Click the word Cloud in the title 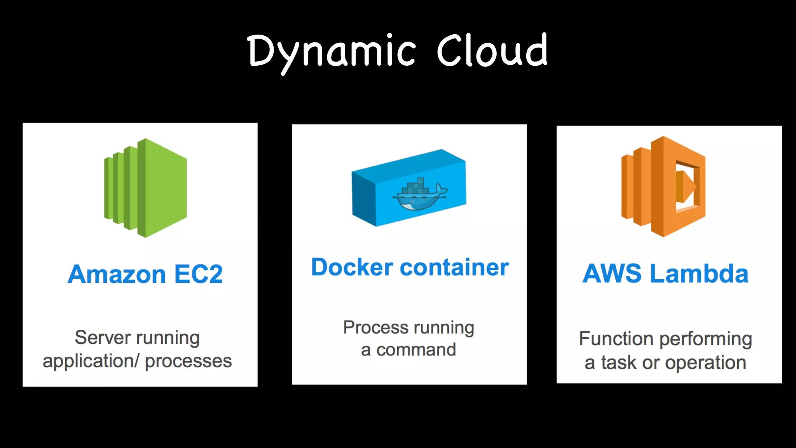click(492, 51)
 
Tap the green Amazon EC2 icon click(146, 188)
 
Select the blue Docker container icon click(409, 188)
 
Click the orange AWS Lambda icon click(663, 187)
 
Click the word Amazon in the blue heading click(117, 275)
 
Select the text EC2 click(199, 275)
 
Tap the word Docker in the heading click(352, 268)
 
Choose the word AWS click(612, 274)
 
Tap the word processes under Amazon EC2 click(188, 361)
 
